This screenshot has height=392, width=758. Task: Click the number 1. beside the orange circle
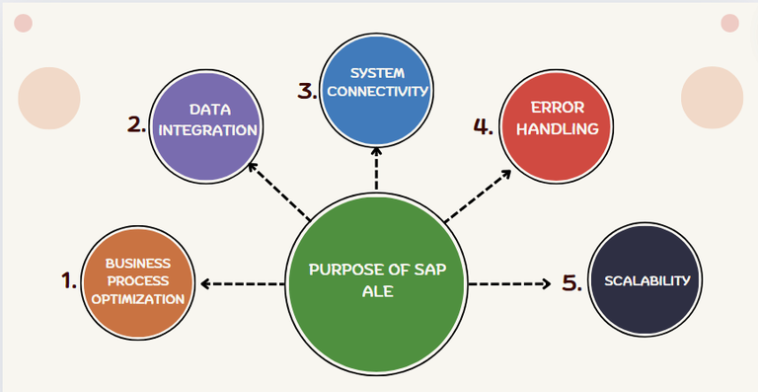[x=68, y=281]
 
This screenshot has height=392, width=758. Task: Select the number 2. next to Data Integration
[x=136, y=124]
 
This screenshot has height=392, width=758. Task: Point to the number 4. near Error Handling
[x=483, y=126]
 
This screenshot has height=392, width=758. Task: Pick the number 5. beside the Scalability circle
[x=572, y=283]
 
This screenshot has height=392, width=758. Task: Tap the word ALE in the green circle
[x=378, y=292]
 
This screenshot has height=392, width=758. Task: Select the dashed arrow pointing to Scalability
[x=508, y=283]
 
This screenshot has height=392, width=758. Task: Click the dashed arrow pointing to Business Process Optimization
[x=243, y=284]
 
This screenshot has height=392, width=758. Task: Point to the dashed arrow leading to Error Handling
[x=478, y=195]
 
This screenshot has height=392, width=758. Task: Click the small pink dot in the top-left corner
[x=24, y=23]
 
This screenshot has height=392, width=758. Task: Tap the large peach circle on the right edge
[x=712, y=97]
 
